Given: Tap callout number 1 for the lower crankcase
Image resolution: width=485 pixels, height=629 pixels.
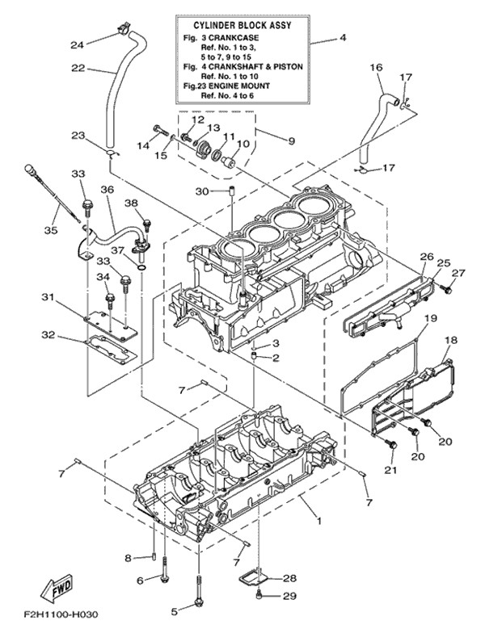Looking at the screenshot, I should (x=318, y=521).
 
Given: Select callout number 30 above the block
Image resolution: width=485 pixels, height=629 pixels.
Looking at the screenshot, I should (x=202, y=191).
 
